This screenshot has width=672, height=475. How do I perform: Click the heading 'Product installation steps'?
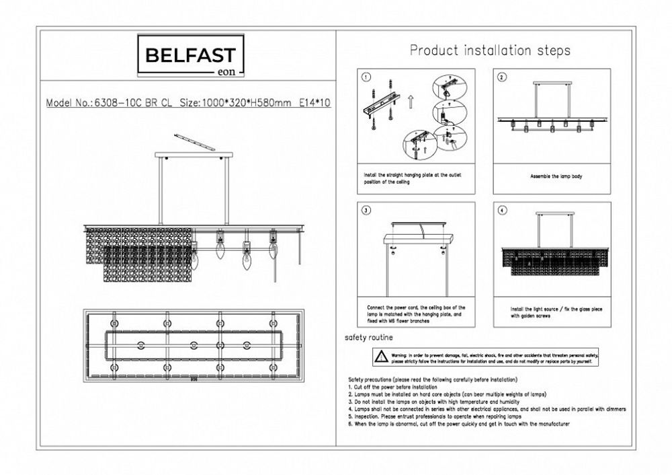point(490,50)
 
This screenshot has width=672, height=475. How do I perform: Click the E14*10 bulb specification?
point(316,104)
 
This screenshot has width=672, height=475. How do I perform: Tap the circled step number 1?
point(366,77)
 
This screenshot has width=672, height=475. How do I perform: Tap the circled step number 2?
point(501,77)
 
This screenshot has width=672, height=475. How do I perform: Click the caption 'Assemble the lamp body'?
point(552,176)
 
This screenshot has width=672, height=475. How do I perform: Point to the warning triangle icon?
point(381,356)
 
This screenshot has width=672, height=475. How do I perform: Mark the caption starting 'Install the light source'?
point(551,311)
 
